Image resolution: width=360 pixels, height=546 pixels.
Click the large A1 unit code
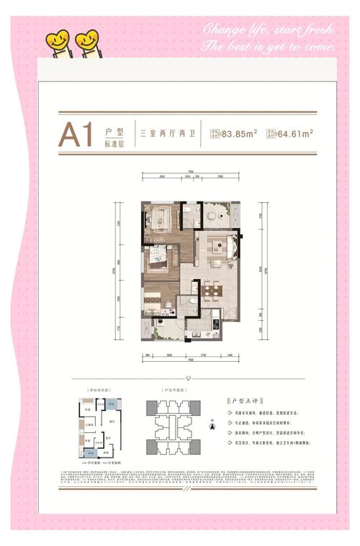pos(76,135)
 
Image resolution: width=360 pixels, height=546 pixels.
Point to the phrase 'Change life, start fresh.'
pos(268,31)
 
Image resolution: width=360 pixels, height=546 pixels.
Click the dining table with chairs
pos(212,291)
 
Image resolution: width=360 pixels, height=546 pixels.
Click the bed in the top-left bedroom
pos(161,217)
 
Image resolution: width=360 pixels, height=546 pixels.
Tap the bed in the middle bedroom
pos(158,259)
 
